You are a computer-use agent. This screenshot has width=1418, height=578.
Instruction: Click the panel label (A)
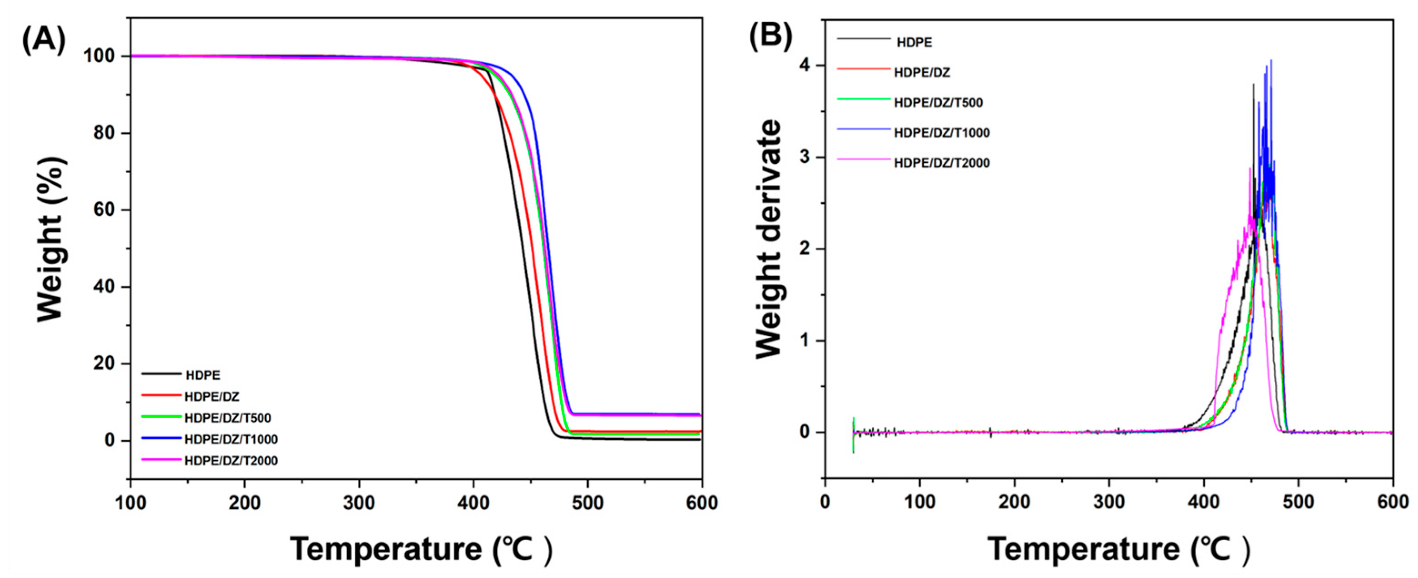(x=44, y=40)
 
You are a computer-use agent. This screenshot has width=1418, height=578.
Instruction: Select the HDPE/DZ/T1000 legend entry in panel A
(x=231, y=439)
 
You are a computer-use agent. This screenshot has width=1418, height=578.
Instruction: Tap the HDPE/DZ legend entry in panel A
(x=212, y=397)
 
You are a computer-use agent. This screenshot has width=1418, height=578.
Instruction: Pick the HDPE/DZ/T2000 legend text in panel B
(x=942, y=163)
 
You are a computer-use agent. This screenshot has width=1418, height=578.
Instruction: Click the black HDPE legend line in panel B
(x=863, y=39)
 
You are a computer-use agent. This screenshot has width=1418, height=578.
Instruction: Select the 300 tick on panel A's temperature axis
(x=359, y=502)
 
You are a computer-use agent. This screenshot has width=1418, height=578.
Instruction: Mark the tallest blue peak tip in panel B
(x=1271, y=60)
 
